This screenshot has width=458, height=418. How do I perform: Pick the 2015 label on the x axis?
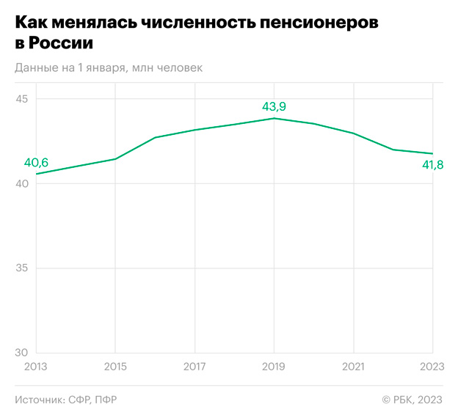point(114,367)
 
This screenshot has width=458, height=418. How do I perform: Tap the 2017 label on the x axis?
point(195,367)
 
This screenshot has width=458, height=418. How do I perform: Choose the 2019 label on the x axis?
point(274,367)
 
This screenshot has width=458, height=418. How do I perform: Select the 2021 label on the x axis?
point(353,367)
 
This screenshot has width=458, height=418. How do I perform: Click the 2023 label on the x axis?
point(432,367)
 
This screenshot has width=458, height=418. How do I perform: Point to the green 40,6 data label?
point(37,163)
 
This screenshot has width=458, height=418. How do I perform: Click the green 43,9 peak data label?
point(274,107)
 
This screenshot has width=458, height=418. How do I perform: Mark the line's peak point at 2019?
point(274,118)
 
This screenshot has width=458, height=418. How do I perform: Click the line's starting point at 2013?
point(36,174)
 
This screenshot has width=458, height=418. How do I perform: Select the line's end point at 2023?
point(433,153)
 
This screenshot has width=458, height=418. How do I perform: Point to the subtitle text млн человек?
point(170,67)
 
